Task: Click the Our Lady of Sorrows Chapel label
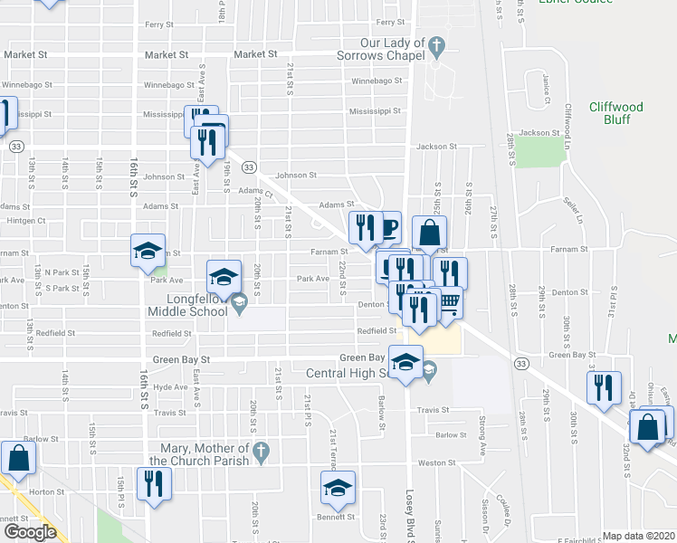tap(392, 49)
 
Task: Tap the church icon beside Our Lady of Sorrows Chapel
tap(436, 44)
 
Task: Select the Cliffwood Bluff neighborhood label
tap(615, 112)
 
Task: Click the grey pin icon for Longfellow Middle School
tap(239, 303)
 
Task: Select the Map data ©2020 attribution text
tap(639, 536)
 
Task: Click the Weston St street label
tap(436, 462)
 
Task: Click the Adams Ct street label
tap(256, 191)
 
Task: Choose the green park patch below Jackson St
tap(540, 153)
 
